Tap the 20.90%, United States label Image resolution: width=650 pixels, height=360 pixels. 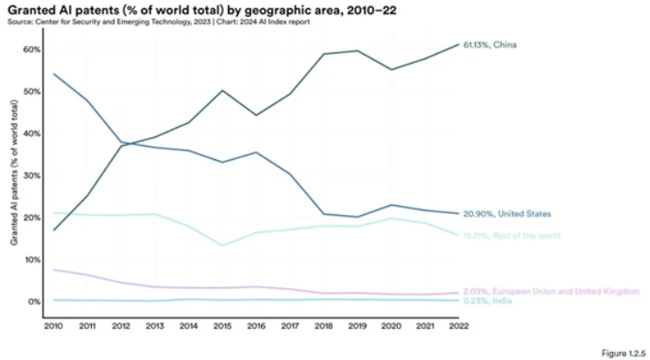508,214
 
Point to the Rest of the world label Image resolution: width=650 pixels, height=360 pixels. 508,235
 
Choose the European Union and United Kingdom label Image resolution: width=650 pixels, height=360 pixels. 550,291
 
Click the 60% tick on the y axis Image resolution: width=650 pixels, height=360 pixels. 31,50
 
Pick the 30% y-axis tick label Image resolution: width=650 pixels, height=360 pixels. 31,176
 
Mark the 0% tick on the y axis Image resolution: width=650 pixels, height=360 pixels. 34,303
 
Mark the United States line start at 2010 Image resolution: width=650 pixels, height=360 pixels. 53,73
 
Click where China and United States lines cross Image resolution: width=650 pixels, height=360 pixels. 125,143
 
